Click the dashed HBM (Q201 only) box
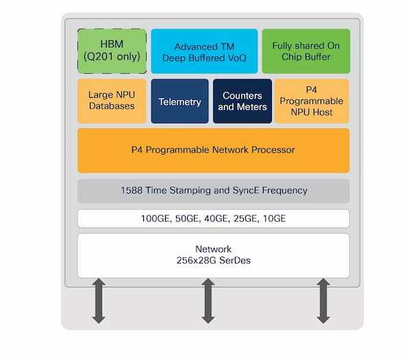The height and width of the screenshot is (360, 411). (112, 51)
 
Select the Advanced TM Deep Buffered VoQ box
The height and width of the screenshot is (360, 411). (204, 51)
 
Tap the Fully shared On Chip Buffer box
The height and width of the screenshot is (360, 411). (306, 51)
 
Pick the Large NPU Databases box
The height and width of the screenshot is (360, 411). (112, 101)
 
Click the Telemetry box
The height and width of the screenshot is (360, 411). (179, 101)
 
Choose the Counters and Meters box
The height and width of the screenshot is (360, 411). (242, 101)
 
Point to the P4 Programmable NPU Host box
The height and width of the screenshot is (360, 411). (312, 101)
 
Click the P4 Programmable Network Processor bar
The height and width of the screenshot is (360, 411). (214, 149)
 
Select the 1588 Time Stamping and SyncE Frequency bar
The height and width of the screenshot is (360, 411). (214, 190)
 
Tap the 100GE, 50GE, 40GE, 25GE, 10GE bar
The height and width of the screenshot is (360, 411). (214, 218)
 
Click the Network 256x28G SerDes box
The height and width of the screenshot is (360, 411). (214, 255)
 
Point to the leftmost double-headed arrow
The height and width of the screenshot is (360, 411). (99, 300)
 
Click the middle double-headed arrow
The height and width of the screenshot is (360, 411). (209, 300)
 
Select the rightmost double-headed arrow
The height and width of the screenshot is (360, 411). (323, 300)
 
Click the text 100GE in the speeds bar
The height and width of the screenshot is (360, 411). (155, 218)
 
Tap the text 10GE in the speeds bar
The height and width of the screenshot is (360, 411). (274, 218)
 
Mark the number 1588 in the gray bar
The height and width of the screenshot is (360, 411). (131, 190)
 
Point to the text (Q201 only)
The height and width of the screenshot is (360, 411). (112, 57)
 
